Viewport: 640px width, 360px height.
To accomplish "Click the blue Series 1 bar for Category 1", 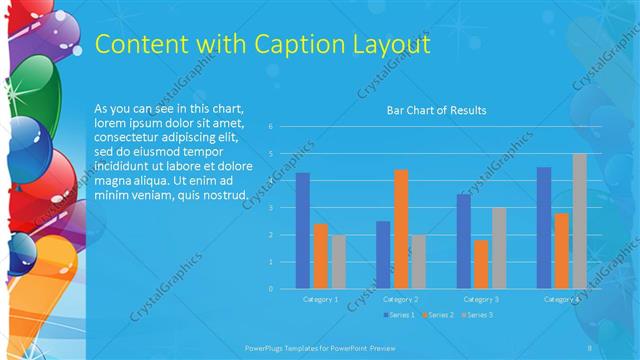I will click(x=302, y=230).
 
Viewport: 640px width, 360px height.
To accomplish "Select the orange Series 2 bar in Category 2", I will click(x=401, y=229).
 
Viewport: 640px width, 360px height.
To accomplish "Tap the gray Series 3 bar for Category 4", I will click(x=580, y=221).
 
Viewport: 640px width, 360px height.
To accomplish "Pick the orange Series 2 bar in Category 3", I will click(x=481, y=264).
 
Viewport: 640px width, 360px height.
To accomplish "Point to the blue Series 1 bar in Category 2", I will click(x=383, y=254).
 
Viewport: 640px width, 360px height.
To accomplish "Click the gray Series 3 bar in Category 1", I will click(x=339, y=261).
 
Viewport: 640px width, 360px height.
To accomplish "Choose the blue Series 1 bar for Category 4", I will click(x=544, y=227).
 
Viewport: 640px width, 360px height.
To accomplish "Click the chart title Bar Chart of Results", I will click(x=437, y=110).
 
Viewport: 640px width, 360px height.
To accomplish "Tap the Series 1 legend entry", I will click(x=398, y=314).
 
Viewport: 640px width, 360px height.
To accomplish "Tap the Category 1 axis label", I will click(x=320, y=299).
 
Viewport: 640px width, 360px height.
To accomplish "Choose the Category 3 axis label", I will click(x=481, y=299).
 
